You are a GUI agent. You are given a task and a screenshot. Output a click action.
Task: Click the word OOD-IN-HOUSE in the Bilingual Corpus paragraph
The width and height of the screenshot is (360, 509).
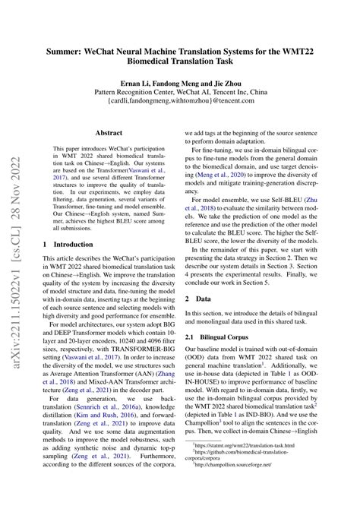point(314,387)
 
